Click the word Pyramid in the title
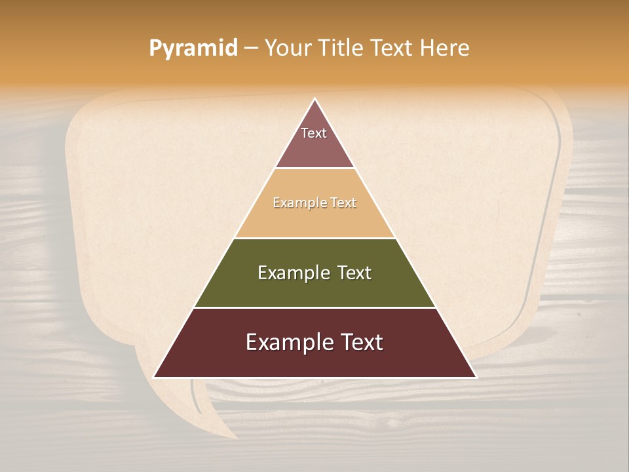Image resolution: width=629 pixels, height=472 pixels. [193, 49]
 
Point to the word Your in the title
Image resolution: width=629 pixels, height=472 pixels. [288, 48]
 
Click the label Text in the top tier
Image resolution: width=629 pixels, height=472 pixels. [314, 133]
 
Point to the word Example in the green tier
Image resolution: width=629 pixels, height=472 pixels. [291, 273]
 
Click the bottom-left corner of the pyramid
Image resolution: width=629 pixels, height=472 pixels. [155, 376]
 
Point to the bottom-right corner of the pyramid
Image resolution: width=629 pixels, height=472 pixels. [475, 376]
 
